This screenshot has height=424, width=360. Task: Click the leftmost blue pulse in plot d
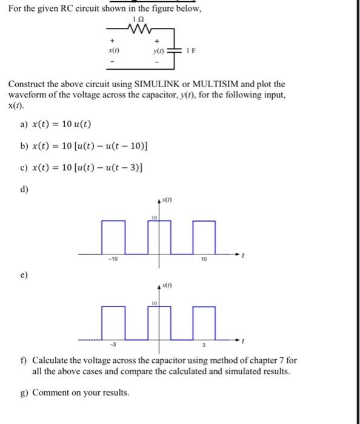click(x=113, y=236)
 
